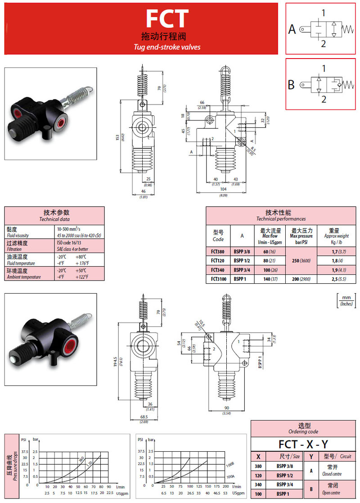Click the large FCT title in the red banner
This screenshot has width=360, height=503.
[167, 19]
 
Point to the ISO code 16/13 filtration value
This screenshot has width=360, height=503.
[69, 243]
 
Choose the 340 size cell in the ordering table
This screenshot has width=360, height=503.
[258, 485]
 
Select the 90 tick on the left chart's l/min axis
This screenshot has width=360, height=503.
[108, 487]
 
